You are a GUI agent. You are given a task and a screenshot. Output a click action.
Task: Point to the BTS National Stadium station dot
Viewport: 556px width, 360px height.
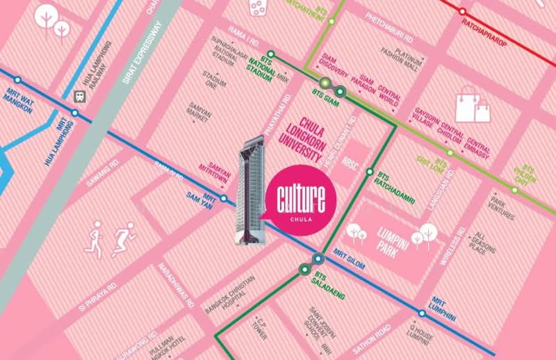[270, 54]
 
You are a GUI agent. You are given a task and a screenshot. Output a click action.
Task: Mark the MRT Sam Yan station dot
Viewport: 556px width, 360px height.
[224, 198]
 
